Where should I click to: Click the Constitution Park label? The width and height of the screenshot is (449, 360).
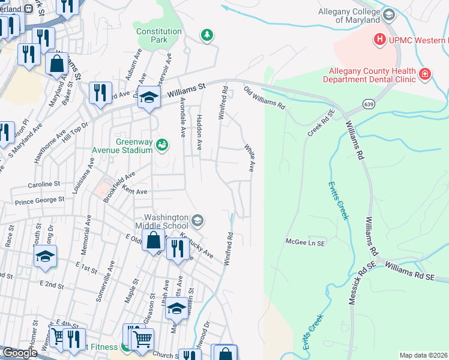(158, 35)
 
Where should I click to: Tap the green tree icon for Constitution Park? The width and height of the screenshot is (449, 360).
(207, 35)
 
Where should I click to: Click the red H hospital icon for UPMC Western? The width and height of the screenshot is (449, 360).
(379, 40)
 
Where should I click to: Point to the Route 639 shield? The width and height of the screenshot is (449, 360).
(366, 104)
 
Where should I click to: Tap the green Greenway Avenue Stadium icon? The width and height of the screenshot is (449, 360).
(161, 145)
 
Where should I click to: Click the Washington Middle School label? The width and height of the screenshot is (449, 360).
(167, 222)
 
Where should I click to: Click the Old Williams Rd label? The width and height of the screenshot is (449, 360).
(264, 98)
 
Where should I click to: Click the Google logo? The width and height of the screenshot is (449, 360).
(19, 353)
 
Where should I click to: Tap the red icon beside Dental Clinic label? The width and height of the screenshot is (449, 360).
(425, 74)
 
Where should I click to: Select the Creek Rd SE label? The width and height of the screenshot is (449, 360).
(321, 123)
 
